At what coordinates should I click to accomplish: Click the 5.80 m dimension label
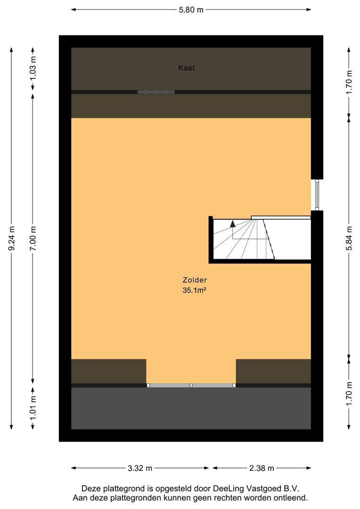pyautogui.click(x=191, y=10)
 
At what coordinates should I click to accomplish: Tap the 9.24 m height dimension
pyautogui.click(x=12, y=238)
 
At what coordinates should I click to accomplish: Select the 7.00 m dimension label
pyautogui.click(x=33, y=238)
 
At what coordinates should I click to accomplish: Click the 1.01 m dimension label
pyautogui.click(x=33, y=408)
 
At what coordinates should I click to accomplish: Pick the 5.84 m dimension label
pyautogui.click(x=349, y=238)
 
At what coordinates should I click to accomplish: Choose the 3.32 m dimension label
pyautogui.click(x=140, y=468)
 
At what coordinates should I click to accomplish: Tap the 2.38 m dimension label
pyautogui.click(x=262, y=468)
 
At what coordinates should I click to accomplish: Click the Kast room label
pyautogui.click(x=187, y=68)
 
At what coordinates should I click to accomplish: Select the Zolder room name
pyautogui.click(x=195, y=280)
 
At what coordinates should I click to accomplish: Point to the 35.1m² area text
pyautogui.click(x=195, y=290)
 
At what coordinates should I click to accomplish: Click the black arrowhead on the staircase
pyautogui.click(x=232, y=223)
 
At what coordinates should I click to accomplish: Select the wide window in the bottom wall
pyautogui.click(x=191, y=386)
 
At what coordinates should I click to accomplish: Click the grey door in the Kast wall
pyautogui.click(x=156, y=92)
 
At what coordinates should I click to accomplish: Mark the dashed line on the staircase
pyautogui.click(x=269, y=239)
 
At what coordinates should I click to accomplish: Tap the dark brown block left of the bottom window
pyautogui.click(x=109, y=371)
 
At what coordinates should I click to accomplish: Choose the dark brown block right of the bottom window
pyautogui.click(x=273, y=371)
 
